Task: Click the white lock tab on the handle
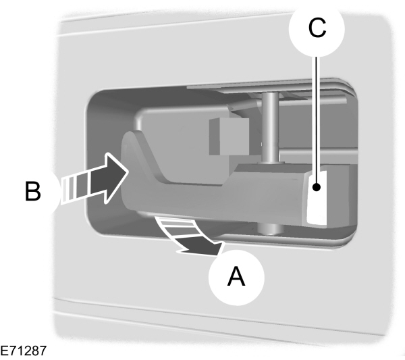[316, 197]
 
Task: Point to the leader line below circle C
[316, 115]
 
